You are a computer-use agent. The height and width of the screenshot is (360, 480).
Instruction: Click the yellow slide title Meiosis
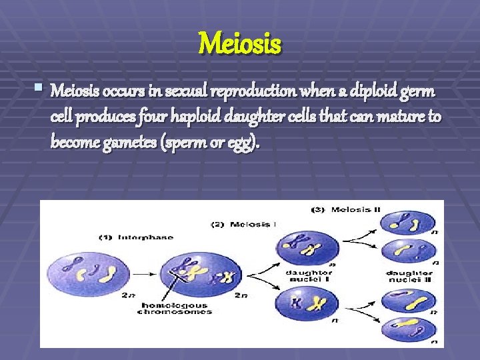pos(240,45)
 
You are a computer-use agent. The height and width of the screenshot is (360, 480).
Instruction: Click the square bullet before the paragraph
pos(42,87)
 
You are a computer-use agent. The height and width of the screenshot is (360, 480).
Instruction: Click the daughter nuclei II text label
pos(409,276)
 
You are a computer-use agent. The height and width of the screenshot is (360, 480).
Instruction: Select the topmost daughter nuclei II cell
pos(407,222)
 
